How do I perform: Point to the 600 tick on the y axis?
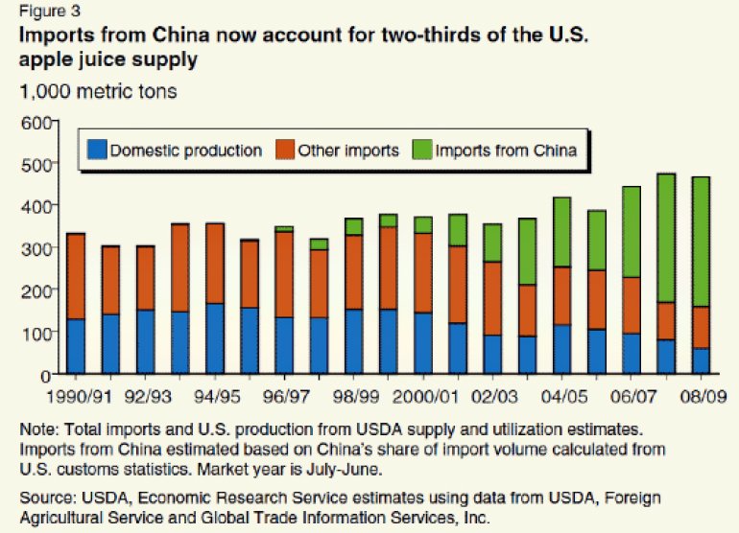[35, 122]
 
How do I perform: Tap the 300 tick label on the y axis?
[35, 248]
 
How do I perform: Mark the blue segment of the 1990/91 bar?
[76, 346]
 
